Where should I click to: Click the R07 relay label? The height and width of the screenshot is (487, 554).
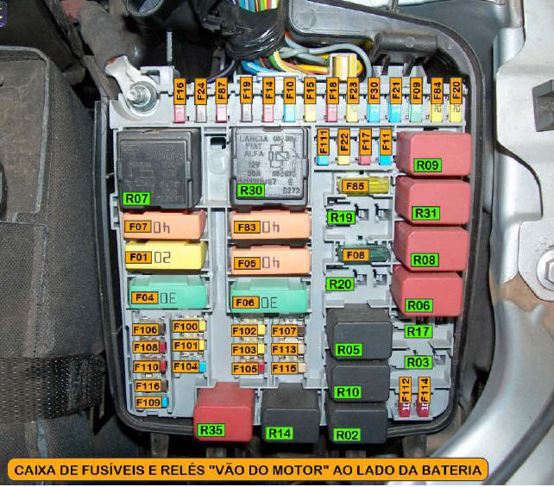[x=138, y=197]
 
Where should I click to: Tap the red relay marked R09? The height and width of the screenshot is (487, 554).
[x=433, y=153]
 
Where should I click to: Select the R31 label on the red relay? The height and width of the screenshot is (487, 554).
[x=426, y=214]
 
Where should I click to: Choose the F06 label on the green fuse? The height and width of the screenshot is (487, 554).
[x=244, y=303]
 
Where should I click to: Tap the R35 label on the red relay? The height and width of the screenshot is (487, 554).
[x=211, y=430]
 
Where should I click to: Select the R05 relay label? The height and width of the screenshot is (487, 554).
[x=349, y=350]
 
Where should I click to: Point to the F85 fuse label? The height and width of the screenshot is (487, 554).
[x=356, y=185]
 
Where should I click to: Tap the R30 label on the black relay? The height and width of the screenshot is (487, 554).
[x=251, y=190]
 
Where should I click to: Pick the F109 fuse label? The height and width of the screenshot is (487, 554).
[x=148, y=403]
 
